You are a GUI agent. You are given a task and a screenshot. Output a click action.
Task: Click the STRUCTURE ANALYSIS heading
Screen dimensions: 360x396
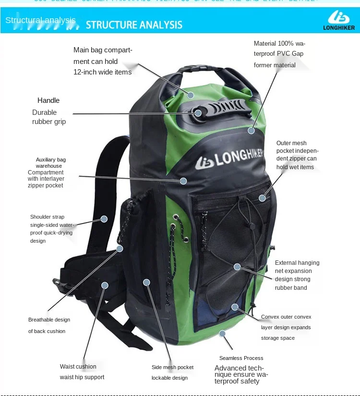(x=134, y=25)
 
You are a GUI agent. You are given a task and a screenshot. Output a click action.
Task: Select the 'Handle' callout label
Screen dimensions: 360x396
(x=48, y=100)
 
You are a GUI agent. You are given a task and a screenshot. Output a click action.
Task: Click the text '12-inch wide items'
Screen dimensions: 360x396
(x=102, y=72)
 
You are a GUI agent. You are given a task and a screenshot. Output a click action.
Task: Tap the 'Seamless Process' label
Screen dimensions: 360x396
(x=241, y=358)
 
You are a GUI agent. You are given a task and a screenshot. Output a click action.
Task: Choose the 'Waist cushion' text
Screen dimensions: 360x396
(x=78, y=367)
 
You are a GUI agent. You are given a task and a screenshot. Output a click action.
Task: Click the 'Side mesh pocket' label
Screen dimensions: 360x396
(x=172, y=367)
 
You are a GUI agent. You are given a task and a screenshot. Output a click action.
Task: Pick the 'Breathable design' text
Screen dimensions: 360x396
(x=49, y=320)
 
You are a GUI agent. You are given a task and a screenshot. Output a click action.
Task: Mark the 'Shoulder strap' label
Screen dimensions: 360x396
(x=47, y=217)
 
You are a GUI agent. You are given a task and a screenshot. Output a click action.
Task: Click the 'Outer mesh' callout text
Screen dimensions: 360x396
(x=291, y=143)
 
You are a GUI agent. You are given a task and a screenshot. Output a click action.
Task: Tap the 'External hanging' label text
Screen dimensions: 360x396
(x=297, y=263)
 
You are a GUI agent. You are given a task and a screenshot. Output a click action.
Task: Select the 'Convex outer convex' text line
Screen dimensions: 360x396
(x=286, y=317)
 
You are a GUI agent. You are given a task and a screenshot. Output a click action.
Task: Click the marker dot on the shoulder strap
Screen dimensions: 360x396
(x=104, y=219)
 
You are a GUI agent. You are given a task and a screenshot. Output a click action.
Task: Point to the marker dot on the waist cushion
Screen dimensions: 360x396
(x=105, y=285)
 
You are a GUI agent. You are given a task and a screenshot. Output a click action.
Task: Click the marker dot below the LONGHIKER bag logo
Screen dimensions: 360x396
(x=183, y=181)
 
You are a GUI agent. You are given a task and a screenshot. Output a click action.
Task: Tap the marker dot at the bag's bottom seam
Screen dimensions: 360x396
(x=222, y=333)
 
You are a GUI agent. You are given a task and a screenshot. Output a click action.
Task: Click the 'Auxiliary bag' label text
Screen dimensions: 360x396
(x=51, y=160)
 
